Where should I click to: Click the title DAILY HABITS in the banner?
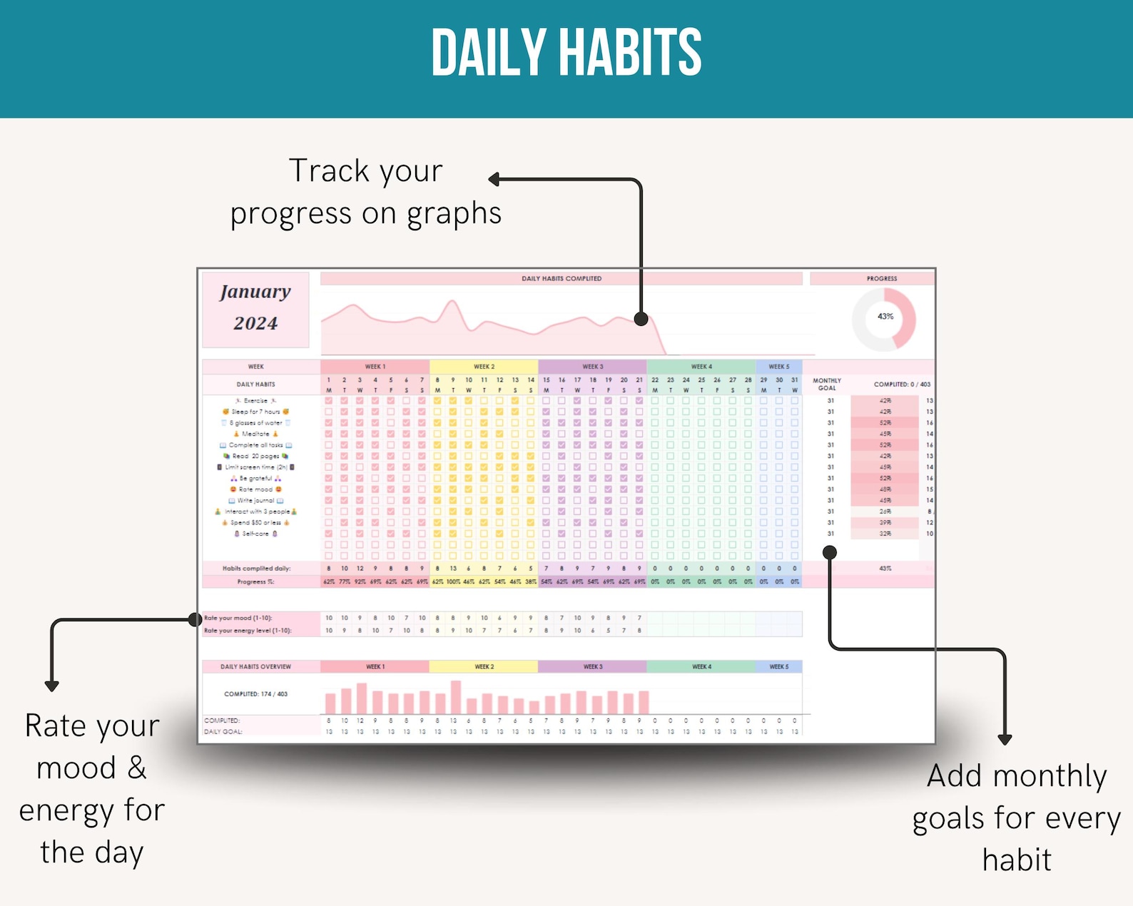[x=566, y=53]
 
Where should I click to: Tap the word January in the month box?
[x=255, y=292]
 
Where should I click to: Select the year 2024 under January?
[x=255, y=323]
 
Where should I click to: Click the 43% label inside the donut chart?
[x=885, y=316]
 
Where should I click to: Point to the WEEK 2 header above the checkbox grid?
[x=484, y=367]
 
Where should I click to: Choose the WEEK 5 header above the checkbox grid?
[x=778, y=367]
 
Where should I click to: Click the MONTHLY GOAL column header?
[x=826, y=384]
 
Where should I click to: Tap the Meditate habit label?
[x=255, y=434]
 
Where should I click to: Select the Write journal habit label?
[x=255, y=500]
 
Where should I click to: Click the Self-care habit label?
[x=255, y=534]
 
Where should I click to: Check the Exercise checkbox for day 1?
[x=329, y=401]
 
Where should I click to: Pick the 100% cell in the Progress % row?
[x=453, y=582]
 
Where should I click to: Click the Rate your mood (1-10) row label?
[x=238, y=618]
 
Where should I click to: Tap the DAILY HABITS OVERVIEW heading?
[x=255, y=666]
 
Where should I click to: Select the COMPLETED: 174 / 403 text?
[x=255, y=693]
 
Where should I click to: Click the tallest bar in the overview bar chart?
[x=456, y=697]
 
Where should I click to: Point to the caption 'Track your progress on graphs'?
[x=365, y=192]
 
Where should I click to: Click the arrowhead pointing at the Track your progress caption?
[x=494, y=179]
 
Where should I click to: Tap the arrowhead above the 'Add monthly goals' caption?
[x=1005, y=740]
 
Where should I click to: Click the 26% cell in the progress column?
[x=885, y=511]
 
